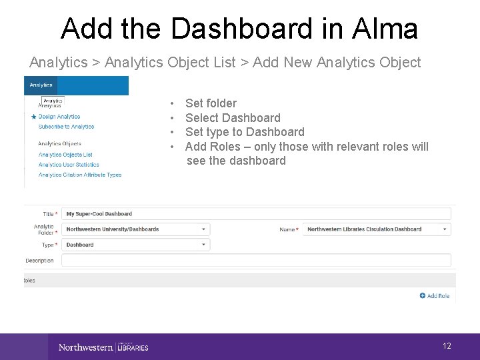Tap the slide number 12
[447, 345]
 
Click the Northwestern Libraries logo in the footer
[103, 347]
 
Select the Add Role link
[435, 295]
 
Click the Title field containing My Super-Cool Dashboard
[257, 214]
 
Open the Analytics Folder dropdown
[136, 229]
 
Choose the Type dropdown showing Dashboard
[136, 245]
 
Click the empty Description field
[257, 260]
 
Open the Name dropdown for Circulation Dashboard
[377, 229]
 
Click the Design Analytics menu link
[59, 117]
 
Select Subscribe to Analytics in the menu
[66, 127]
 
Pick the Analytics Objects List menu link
[65, 155]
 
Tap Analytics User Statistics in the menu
[69, 165]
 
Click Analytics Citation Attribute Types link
[80, 175]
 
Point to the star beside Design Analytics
[33, 117]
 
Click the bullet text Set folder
[211, 103]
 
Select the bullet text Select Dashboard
[233, 118]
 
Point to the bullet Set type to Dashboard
[245, 132]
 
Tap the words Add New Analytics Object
[336, 63]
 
